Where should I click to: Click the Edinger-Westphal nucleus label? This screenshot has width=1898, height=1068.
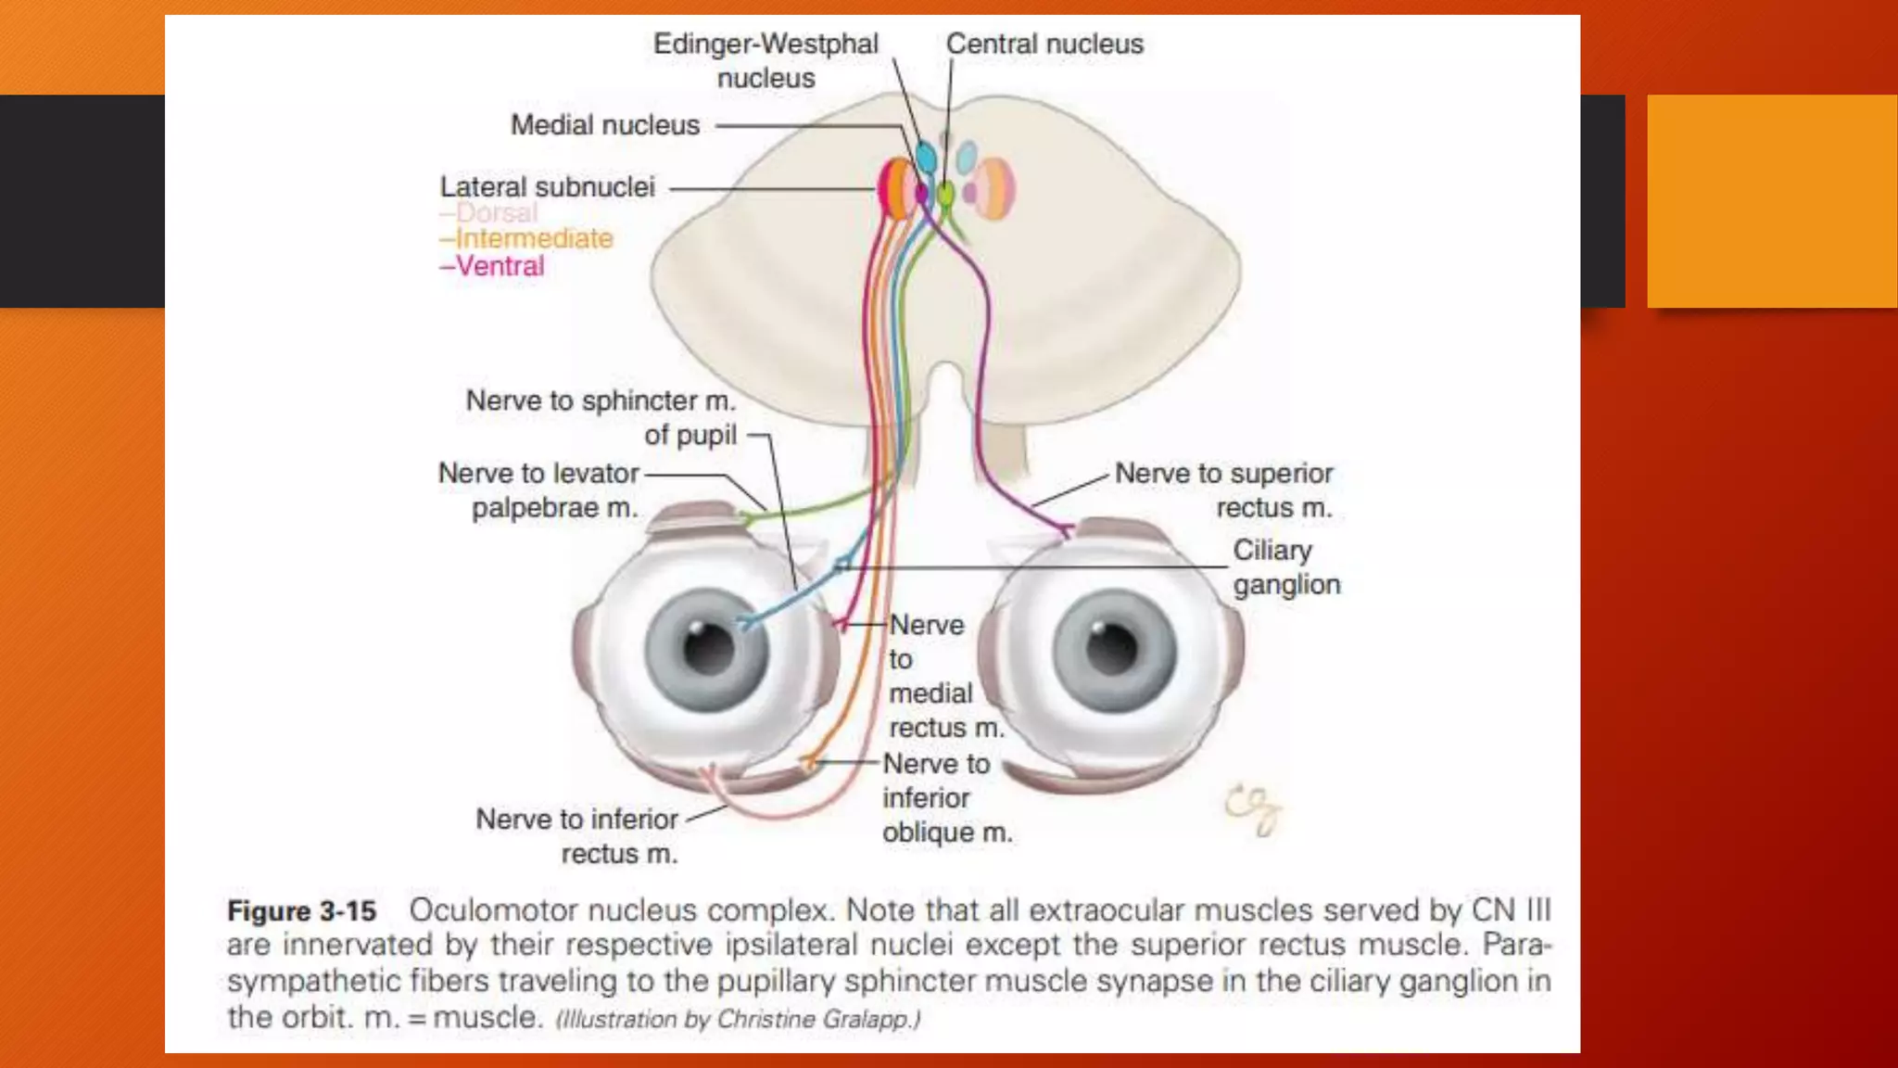[766, 60]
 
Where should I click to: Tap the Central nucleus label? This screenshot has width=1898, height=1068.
[1044, 44]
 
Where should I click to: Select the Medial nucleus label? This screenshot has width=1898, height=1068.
[605, 125]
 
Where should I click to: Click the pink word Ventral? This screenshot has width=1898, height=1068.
[500, 267]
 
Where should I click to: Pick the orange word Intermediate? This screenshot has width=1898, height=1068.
[533, 239]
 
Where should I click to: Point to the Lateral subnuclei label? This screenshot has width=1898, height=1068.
[547, 187]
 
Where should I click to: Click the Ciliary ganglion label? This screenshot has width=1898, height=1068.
[1285, 567]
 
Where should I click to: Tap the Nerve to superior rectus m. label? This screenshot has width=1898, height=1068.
[1223, 490]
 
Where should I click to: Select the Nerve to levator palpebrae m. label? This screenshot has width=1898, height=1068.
[539, 490]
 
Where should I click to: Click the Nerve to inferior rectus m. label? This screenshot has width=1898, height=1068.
[578, 836]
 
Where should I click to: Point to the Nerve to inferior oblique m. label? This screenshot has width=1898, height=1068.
[945, 798]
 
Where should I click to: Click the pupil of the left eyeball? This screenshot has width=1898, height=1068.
[709, 648]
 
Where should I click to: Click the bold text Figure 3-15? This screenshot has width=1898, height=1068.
[302, 911]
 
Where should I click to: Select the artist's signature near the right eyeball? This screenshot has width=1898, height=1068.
[1253, 808]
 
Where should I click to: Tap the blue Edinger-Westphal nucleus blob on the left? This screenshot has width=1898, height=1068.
[925, 157]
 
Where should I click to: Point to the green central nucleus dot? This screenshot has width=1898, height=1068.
[944, 194]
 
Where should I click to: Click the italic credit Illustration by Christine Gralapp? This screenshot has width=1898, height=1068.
[738, 1020]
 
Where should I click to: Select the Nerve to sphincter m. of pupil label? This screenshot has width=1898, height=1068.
[601, 417]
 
